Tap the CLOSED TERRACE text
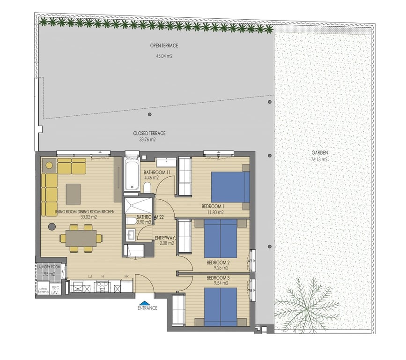coord(149,134)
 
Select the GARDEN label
coord(319,153)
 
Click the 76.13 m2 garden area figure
coord(319,159)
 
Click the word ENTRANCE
coord(147,308)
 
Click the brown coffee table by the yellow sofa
coord(73,194)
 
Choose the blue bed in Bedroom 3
coord(220,307)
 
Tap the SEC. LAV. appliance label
coord(55,289)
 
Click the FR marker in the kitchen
coord(126,277)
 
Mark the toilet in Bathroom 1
coord(147,188)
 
